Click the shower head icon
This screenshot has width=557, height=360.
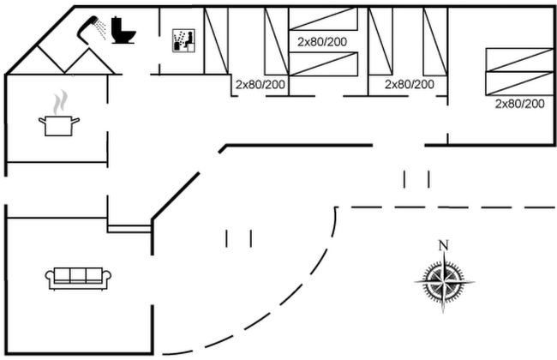coord(90,28)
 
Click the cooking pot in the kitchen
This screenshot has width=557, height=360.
coord(58,125)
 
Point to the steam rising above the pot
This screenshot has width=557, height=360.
coord(58,104)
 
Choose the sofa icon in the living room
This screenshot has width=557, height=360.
coord(79,277)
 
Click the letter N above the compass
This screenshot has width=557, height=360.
coord(443,246)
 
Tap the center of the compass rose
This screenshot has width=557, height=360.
coord(443,279)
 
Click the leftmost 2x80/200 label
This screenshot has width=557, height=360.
coord(261,84)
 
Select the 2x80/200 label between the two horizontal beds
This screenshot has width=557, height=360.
coord(322,41)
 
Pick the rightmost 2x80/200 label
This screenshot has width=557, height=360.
coord(520,103)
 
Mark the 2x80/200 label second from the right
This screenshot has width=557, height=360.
coord(410,84)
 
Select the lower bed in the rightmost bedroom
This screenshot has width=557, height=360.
coord(519,82)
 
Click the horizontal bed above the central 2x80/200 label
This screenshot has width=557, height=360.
coord(322,20)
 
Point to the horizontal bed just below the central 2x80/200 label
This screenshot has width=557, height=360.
coord(322,63)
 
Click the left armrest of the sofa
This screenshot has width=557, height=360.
coord(51,276)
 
